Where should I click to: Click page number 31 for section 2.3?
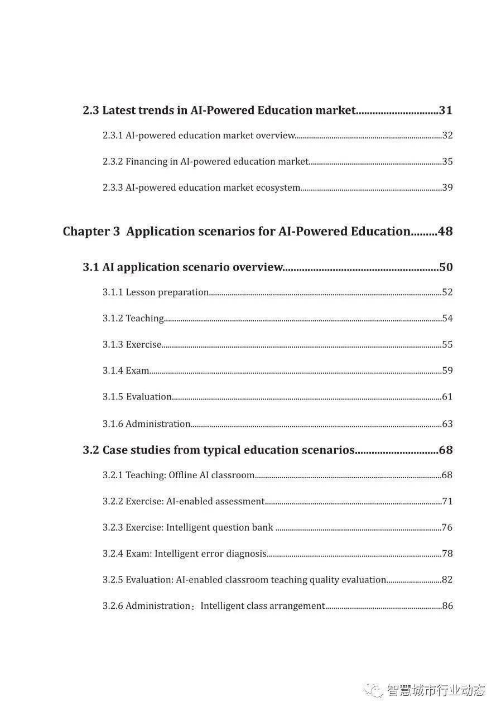click(x=445, y=110)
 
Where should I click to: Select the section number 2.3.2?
click(x=113, y=162)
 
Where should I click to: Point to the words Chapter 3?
click(x=91, y=232)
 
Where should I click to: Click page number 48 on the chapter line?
click(x=445, y=232)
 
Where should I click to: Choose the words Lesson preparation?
click(x=167, y=292)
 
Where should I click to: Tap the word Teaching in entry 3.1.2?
click(x=144, y=319)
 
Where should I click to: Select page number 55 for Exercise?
click(x=447, y=345)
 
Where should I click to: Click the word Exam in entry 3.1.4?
click(x=137, y=371)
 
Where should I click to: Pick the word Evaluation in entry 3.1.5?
click(x=149, y=397)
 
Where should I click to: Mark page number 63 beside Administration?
click(x=447, y=424)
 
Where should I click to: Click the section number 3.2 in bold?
click(x=91, y=450)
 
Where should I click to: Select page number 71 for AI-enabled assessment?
click(x=447, y=502)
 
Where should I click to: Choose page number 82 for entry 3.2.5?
click(x=447, y=580)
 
